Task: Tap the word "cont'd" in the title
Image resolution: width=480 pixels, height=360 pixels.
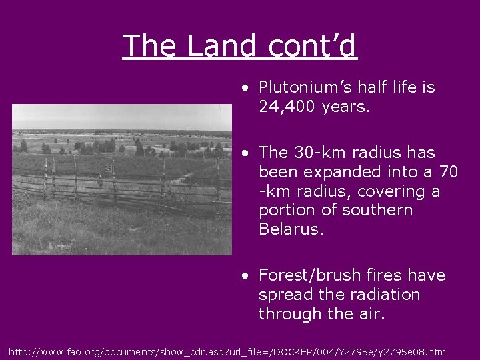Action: (x=312, y=46)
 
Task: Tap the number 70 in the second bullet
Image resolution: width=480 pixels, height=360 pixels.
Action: (x=449, y=172)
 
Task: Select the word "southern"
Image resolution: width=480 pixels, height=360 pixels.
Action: (x=377, y=210)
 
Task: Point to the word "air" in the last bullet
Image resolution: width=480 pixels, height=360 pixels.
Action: (x=370, y=313)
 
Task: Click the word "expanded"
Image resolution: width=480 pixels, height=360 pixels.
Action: (x=337, y=172)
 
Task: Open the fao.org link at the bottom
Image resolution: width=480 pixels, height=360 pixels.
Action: (x=227, y=351)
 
